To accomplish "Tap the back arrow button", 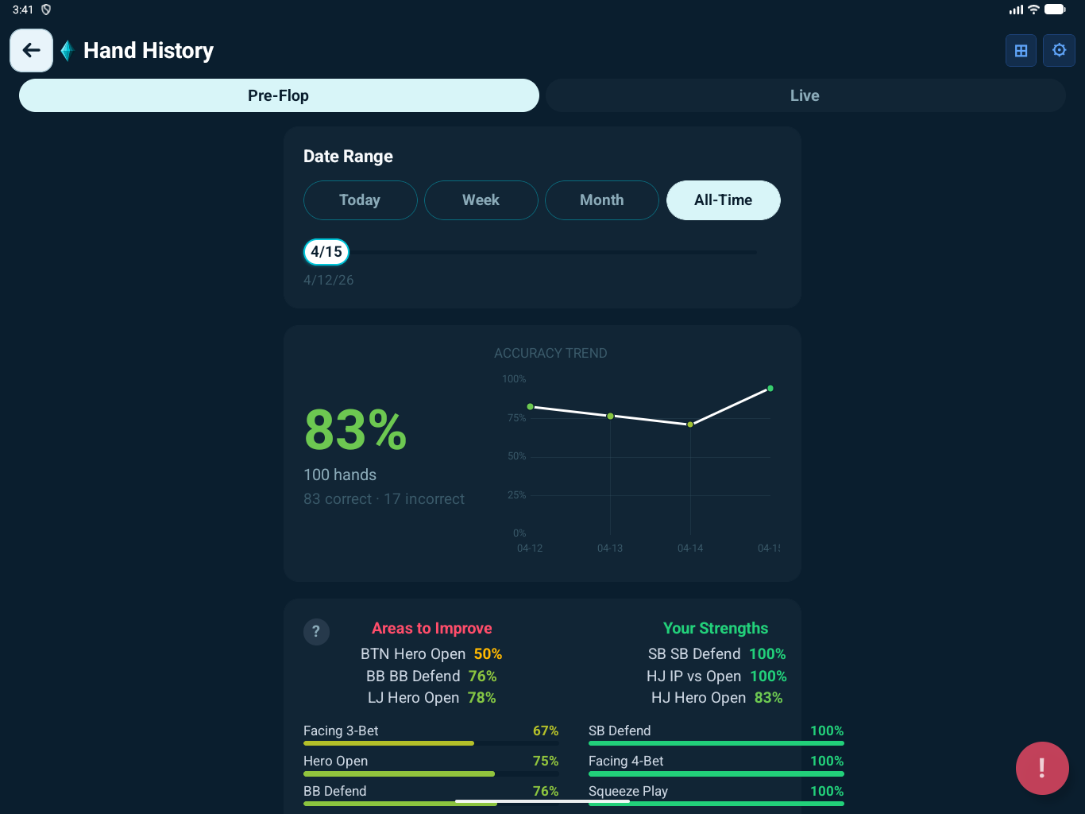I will pos(31,51).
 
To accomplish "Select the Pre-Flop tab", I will pos(279,95).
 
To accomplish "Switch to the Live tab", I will pos(805,95).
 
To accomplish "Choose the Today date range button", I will pos(360,200).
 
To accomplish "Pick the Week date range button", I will pos(481,200).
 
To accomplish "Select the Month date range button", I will pos(601,200).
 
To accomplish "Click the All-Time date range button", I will pos(723,200).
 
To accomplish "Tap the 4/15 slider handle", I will pos(326,252).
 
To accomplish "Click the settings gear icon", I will pos(1059,51).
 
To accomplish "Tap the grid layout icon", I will pos(1021,51).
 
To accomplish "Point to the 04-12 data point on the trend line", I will pos(531,407).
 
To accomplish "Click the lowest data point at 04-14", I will pos(690,424).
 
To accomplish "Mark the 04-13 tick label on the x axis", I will pos(610,548).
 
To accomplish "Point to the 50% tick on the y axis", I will pos(516,456).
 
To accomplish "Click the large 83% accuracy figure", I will pos(355,430).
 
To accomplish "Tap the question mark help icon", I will pos(316,632).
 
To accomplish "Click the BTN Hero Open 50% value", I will pos(488,654).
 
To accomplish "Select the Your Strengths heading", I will pos(716,629).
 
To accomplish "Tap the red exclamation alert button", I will pos(1042,768).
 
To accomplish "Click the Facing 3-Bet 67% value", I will pos(546,731).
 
